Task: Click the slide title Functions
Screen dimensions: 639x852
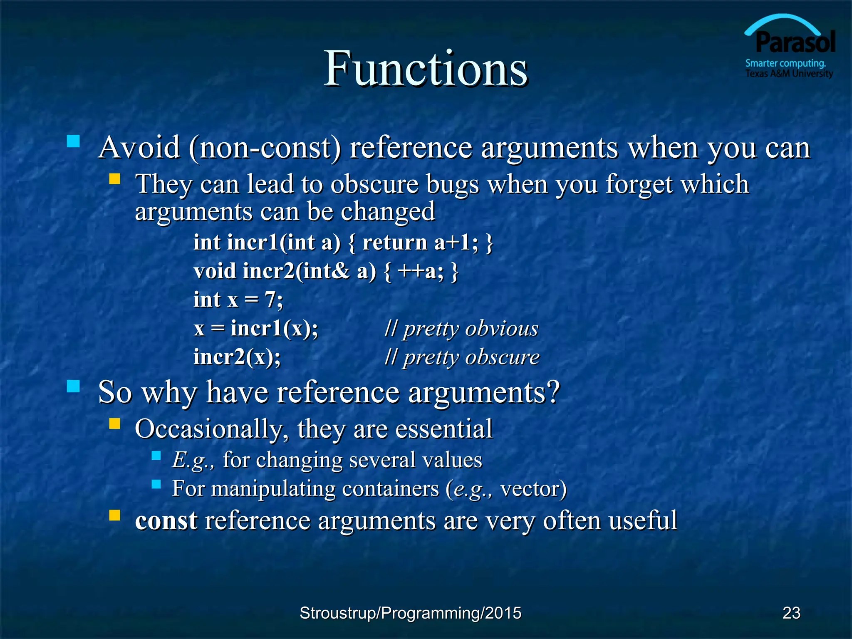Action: pos(425,69)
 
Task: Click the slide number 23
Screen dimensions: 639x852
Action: pos(791,613)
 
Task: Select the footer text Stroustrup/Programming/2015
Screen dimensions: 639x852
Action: pos(410,613)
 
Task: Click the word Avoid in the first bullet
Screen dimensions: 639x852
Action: pos(139,148)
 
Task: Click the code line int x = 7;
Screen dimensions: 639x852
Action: pos(238,300)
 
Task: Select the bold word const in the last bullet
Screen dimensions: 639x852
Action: pos(166,520)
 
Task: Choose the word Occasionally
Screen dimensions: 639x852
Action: pos(208,429)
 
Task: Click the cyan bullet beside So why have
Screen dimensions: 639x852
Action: pos(73,386)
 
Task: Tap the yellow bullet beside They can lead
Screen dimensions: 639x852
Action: pos(114,179)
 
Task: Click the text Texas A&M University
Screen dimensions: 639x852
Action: pos(789,74)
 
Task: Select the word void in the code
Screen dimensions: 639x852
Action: pos(215,271)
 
